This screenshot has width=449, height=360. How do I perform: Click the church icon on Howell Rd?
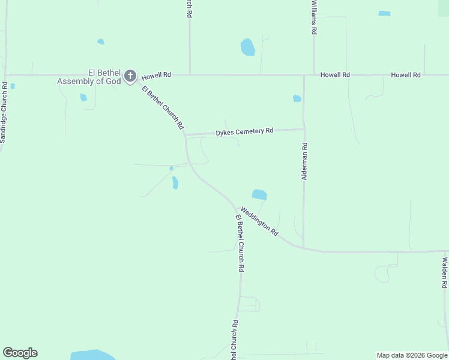(x=130, y=76)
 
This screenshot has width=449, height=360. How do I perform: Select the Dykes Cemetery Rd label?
(x=245, y=131)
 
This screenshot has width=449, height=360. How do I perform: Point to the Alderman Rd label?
(x=304, y=161)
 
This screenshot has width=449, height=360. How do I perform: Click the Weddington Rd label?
(x=259, y=221)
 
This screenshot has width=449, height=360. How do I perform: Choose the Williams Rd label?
(x=314, y=17)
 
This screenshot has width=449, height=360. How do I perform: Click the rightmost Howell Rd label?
(x=406, y=75)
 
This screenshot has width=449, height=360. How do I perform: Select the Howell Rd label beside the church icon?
(x=157, y=75)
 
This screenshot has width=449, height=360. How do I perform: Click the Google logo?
(x=20, y=353)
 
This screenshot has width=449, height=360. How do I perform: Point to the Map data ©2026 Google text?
(x=412, y=355)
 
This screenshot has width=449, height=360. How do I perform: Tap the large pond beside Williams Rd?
(x=247, y=47)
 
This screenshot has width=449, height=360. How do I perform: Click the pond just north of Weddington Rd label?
(x=259, y=194)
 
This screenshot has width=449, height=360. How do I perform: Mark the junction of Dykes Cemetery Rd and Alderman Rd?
(x=304, y=129)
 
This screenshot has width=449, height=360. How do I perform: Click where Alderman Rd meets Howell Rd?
(x=304, y=76)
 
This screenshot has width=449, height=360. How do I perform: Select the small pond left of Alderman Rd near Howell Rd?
(x=297, y=98)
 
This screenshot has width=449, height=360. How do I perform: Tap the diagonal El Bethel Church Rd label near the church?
(x=163, y=108)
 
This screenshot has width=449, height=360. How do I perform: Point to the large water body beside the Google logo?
(x=93, y=355)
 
